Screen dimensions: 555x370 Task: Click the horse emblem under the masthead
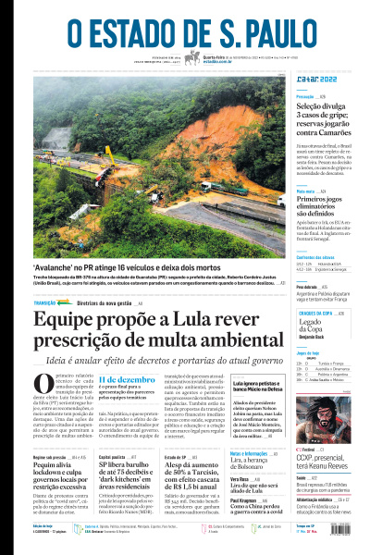tap(192, 58)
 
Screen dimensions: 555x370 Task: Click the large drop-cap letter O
tap(43, 387)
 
